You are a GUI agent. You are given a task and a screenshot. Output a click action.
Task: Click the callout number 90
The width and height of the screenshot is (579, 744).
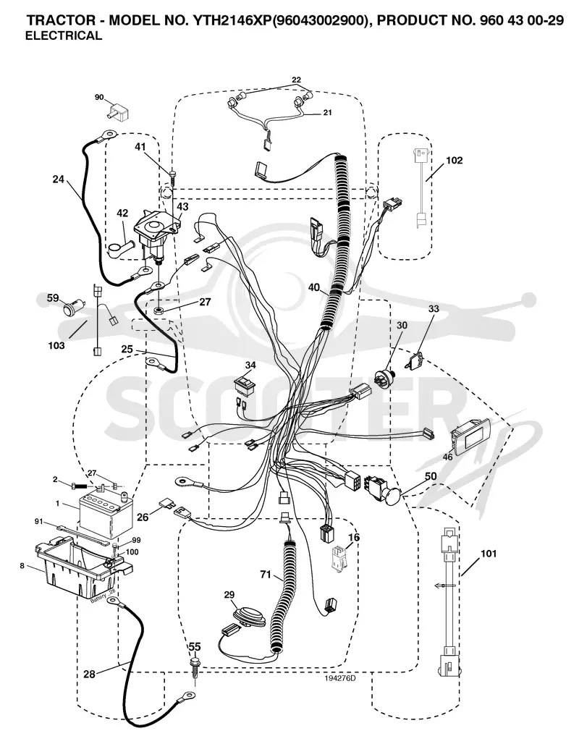click(99, 97)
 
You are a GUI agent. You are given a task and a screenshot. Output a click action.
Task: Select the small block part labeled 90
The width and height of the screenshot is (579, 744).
click(119, 111)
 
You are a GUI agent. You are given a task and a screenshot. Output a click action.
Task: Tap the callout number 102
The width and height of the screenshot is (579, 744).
click(455, 161)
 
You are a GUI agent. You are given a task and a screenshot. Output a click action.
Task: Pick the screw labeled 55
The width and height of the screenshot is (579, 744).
click(195, 667)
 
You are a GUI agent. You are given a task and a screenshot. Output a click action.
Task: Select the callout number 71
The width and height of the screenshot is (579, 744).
click(266, 575)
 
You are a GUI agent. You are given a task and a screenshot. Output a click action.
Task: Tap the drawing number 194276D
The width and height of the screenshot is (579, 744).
click(340, 678)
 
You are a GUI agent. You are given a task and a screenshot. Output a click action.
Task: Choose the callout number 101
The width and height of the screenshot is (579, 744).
click(489, 553)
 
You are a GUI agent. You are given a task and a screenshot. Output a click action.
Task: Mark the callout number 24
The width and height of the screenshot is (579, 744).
click(59, 179)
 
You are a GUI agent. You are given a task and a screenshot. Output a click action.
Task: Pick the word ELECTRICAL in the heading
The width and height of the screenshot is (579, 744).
click(63, 35)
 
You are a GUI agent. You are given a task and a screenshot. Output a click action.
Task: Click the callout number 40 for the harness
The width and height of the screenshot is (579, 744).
click(313, 287)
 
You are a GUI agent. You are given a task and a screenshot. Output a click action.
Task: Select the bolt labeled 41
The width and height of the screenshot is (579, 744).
click(172, 178)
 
